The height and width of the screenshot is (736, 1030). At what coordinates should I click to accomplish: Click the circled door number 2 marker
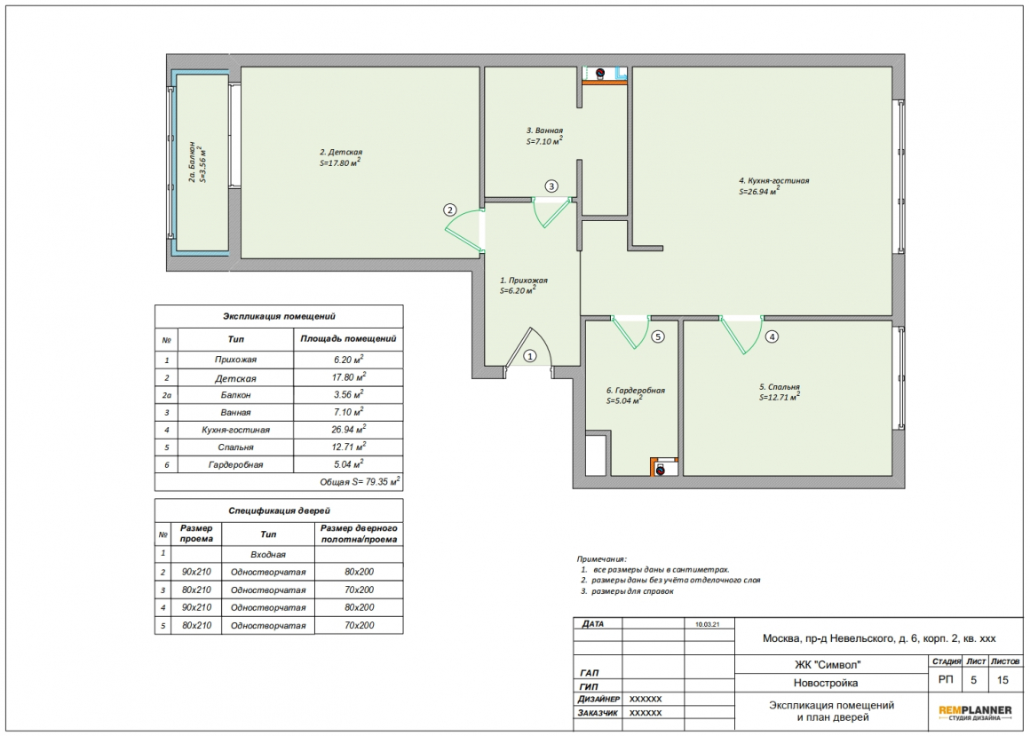[x=449, y=210]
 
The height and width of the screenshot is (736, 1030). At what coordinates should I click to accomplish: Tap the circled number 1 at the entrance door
[x=529, y=356]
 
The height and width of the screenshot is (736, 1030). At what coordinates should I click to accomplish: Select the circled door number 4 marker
[x=772, y=336]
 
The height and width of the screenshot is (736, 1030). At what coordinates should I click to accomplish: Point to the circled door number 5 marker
[x=658, y=336]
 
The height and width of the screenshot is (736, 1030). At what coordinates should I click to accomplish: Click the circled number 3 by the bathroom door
[x=551, y=186]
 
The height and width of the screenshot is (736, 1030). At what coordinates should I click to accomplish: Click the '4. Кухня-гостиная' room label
[x=773, y=180]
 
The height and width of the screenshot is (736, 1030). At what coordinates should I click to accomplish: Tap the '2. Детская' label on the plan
[x=341, y=153]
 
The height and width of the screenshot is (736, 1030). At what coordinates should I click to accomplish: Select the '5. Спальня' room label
[x=780, y=387]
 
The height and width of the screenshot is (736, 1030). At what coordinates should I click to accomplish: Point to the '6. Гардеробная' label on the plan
[x=636, y=391]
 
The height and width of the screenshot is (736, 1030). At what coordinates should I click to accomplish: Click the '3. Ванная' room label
[x=544, y=131]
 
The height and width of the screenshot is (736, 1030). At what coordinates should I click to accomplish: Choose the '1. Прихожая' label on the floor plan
[x=524, y=281]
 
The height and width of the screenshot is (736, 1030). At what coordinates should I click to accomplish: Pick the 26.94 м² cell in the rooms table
[x=348, y=430]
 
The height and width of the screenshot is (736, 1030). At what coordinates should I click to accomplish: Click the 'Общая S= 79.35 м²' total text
[x=360, y=481]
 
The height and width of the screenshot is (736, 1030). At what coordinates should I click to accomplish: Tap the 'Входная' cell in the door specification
[x=268, y=555]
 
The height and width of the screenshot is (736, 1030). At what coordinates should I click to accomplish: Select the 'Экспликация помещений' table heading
[x=279, y=316]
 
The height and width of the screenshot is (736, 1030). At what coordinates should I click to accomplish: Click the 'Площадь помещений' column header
[x=348, y=339]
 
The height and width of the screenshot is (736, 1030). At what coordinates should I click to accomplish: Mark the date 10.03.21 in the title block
[x=708, y=624]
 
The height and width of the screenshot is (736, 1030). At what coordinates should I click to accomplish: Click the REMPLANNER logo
[x=975, y=712]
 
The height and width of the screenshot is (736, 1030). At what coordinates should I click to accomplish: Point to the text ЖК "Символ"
[x=827, y=664]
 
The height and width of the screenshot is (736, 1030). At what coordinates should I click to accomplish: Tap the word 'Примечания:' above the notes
[x=602, y=559]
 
